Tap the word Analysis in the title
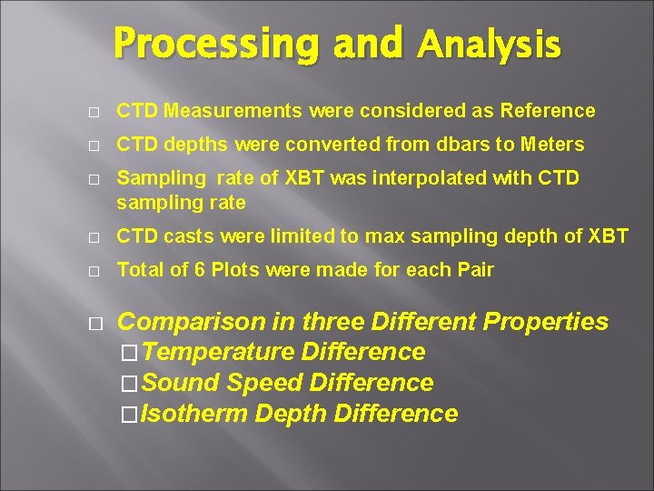pyautogui.click(x=490, y=45)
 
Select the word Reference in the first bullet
pyautogui.click(x=544, y=112)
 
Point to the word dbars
pyautogui.click(x=459, y=145)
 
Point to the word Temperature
pyautogui.click(x=218, y=352)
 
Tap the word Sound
pyautogui.click(x=181, y=383)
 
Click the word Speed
pyautogui.click(x=263, y=383)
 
